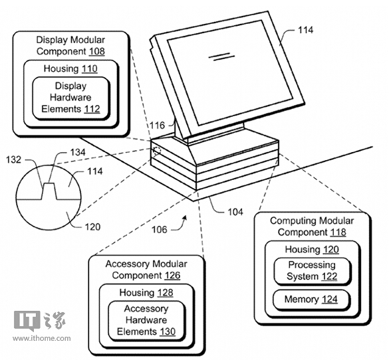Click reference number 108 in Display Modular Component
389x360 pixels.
point(97,52)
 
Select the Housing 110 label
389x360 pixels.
point(70,68)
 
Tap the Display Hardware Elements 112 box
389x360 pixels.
point(71,98)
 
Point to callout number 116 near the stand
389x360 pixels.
point(158,126)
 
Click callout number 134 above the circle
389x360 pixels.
point(78,152)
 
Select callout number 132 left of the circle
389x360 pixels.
point(14,159)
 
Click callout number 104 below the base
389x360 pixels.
point(235,212)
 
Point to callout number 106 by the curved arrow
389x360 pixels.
point(160,230)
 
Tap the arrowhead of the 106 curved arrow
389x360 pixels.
point(184,218)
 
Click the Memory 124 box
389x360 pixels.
point(311,300)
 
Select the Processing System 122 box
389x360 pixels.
point(312,271)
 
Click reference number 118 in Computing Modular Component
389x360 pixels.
point(338,232)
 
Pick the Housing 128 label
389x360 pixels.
point(146,293)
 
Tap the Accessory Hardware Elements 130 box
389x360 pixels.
point(146,320)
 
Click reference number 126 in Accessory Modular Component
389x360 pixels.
point(172,276)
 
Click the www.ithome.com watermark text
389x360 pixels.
point(42,338)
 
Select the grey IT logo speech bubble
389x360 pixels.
point(27,321)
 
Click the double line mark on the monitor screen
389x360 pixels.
point(221,56)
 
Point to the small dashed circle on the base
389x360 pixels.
point(156,151)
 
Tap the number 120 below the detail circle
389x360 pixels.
point(92,226)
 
